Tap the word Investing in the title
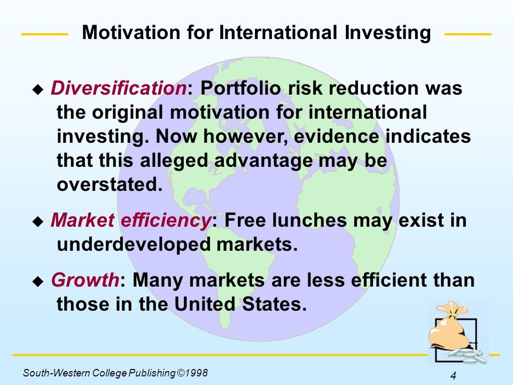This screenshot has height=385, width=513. (x=388, y=34)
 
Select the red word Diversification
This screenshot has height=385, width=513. (x=119, y=88)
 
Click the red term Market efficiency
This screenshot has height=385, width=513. (x=131, y=220)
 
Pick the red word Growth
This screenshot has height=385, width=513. (x=85, y=280)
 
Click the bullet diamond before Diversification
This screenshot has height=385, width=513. (x=38, y=89)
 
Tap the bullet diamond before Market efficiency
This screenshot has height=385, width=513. (x=38, y=221)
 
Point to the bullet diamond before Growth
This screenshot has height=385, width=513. (x=38, y=281)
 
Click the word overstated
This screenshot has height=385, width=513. (x=110, y=184)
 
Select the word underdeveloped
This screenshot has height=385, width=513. (x=134, y=244)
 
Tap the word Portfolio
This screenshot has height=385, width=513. (x=240, y=88)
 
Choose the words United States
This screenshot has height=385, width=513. (x=240, y=304)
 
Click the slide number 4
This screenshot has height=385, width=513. (x=453, y=375)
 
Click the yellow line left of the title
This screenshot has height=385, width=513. (x=45, y=34)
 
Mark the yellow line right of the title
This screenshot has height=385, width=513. (x=468, y=34)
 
